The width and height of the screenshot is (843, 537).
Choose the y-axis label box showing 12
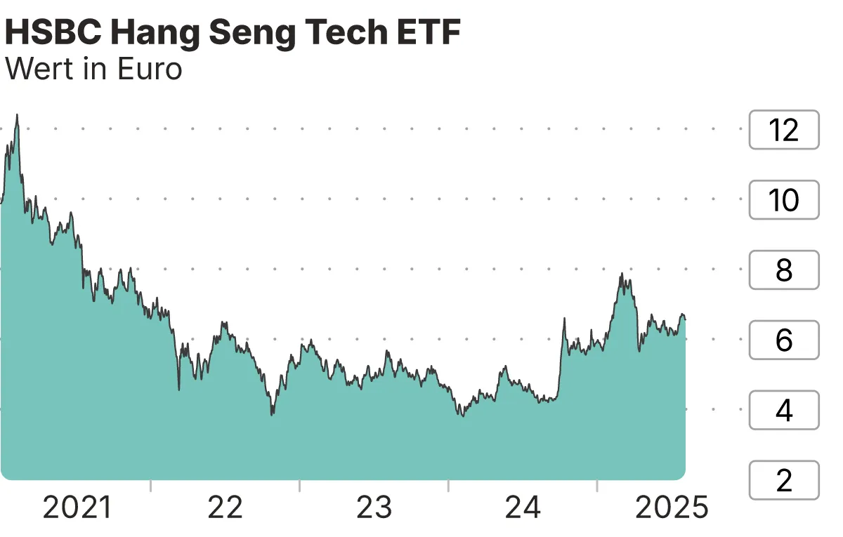784,130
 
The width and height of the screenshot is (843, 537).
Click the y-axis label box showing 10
784,200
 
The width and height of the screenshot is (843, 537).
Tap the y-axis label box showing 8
784,270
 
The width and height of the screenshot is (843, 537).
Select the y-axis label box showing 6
784,340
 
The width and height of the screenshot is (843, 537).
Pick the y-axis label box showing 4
784,410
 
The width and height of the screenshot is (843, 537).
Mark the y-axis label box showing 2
784,480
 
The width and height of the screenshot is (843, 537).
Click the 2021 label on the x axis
77,508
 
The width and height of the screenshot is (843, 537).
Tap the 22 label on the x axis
225,508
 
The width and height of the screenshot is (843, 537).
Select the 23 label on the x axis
374,508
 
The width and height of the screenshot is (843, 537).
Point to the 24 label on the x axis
523,508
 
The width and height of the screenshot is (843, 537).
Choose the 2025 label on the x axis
672,508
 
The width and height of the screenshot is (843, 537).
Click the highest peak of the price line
17,115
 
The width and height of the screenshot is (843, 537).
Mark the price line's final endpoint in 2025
685,319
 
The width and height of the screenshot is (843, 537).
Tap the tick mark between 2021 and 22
151,486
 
